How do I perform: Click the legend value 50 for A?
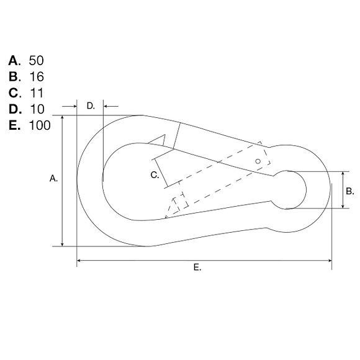37,61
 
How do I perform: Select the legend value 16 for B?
36,77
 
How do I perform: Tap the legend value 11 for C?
36,93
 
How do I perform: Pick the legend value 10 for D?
37,109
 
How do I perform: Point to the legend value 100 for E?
40,125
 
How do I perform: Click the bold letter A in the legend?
14,61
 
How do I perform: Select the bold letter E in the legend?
14,125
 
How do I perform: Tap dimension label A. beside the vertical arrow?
53,179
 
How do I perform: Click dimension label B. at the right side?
349,191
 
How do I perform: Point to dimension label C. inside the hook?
155,176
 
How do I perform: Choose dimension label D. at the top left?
91,106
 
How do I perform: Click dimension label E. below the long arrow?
197,268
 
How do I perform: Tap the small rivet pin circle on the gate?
258,161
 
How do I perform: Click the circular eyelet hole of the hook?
289,190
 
